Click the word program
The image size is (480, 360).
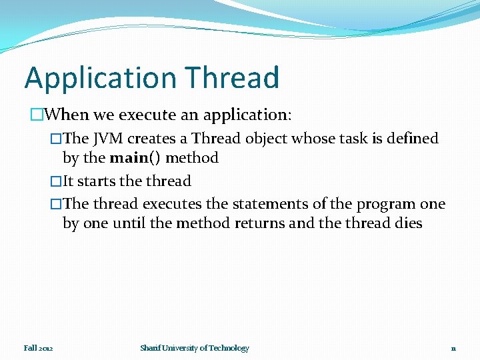(389, 204)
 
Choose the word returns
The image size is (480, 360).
(261, 223)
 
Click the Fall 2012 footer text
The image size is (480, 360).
(38, 348)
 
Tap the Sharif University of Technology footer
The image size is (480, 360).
(195, 348)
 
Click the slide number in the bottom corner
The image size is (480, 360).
(453, 349)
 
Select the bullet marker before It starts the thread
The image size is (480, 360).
(56, 181)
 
